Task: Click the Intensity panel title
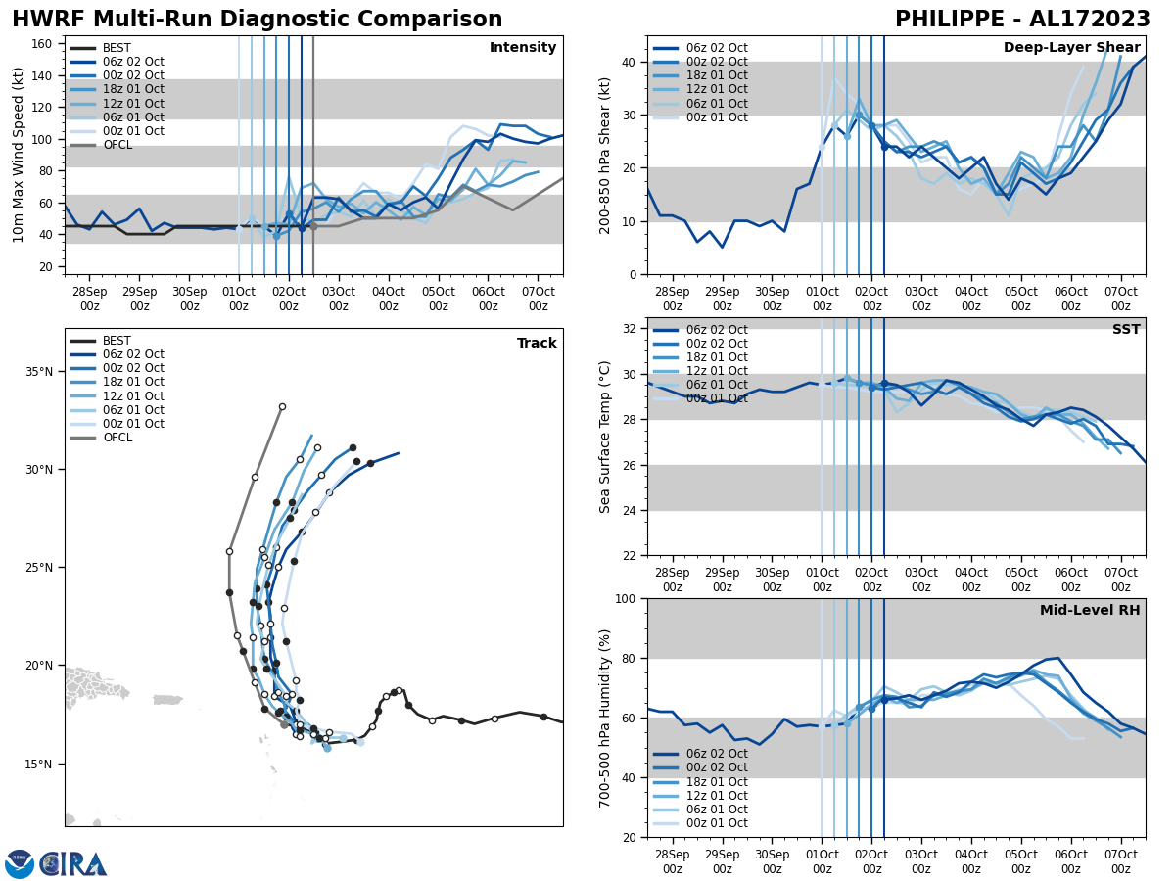(523, 48)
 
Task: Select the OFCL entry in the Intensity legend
(118, 145)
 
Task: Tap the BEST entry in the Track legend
(117, 341)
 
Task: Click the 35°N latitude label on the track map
(39, 372)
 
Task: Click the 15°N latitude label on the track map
(39, 764)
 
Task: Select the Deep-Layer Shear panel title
(1071, 48)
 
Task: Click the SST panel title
(1126, 330)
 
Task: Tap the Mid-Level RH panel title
(1090, 611)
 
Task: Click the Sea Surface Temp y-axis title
(605, 437)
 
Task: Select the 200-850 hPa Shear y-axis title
(605, 155)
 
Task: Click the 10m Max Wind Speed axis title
(19, 155)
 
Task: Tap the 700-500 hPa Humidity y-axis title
(605, 718)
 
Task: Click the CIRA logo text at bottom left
(73, 864)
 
